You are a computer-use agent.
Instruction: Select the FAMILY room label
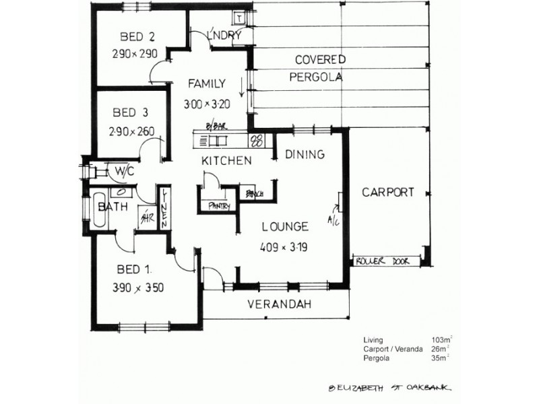(x=206, y=84)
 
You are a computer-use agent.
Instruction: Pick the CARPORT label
(x=387, y=192)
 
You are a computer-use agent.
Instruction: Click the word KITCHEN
(x=227, y=161)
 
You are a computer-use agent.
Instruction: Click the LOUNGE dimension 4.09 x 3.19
(x=283, y=247)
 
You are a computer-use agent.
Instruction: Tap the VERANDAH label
(x=279, y=304)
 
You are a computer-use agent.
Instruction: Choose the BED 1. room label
(x=132, y=270)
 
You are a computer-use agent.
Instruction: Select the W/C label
(x=125, y=171)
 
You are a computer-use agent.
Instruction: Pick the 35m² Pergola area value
(x=440, y=358)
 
